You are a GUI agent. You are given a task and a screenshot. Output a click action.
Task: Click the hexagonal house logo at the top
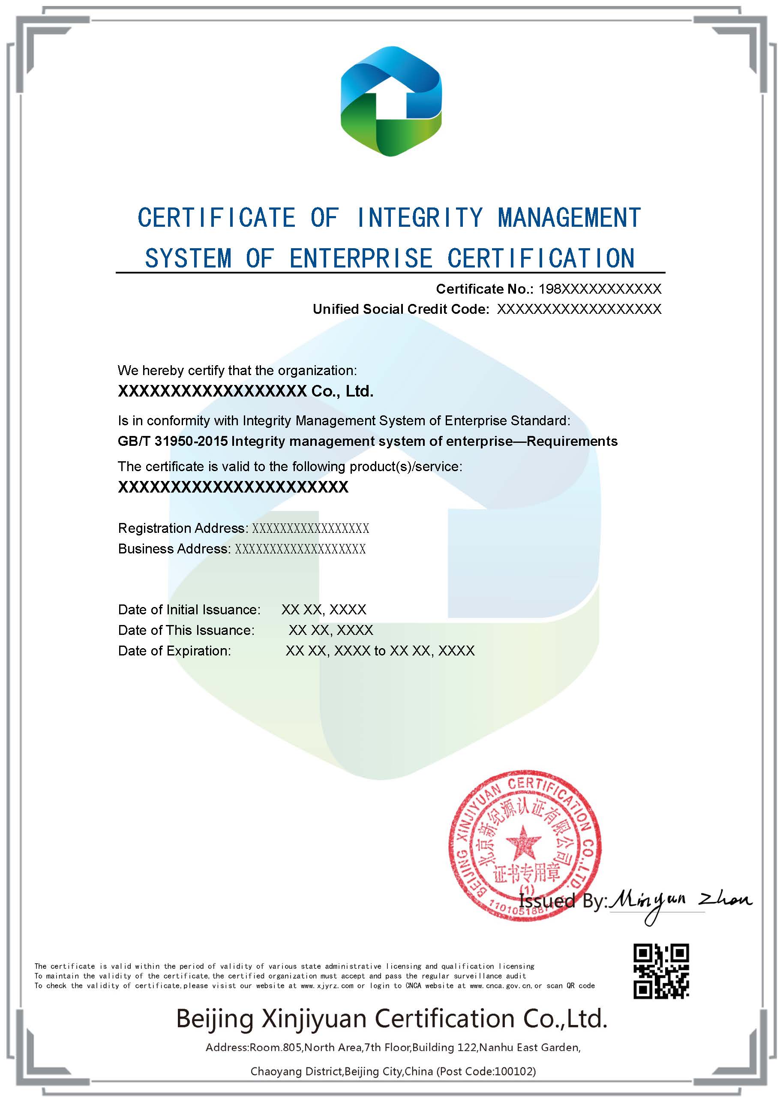point(390,101)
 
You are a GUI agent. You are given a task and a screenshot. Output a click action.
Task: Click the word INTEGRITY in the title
point(419,218)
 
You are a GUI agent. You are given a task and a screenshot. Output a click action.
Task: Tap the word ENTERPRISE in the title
point(361,258)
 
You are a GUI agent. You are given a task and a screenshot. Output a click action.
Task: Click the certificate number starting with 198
point(600,289)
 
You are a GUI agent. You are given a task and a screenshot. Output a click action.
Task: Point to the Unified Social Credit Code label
point(401,309)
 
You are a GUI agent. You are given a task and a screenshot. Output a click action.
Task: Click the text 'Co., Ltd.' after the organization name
point(342,391)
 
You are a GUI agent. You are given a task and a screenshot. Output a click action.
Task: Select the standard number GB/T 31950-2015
point(172,441)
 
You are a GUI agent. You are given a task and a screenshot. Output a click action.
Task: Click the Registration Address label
point(183,528)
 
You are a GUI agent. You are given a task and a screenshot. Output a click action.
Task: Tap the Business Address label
point(174,549)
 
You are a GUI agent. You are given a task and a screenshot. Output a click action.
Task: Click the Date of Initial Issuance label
point(189,610)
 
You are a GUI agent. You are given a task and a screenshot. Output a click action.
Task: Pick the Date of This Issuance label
point(186,630)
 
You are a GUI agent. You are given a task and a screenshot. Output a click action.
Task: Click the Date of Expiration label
point(174,651)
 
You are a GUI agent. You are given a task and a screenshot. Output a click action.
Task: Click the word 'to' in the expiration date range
point(379,651)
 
